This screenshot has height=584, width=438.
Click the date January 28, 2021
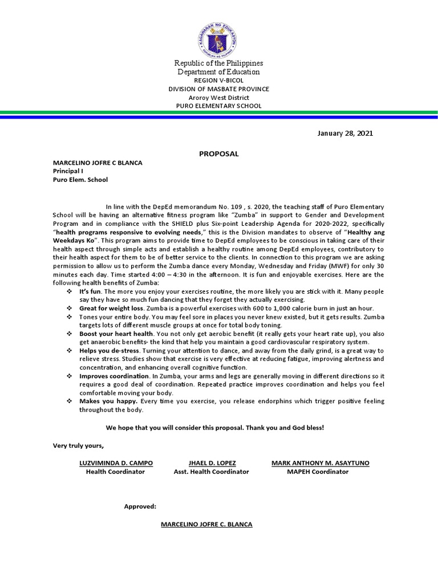pos(345,133)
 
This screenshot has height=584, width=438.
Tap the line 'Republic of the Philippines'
pos(218,63)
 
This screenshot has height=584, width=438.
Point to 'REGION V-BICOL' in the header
pos(218,80)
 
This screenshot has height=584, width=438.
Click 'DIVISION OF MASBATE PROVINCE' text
pos(218,89)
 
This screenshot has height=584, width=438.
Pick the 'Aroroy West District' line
pos(218,98)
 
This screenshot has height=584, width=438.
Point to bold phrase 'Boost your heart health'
pos(116,333)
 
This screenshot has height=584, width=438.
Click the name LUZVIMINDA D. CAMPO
pos(115,463)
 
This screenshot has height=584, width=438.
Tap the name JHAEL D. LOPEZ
pos(211,463)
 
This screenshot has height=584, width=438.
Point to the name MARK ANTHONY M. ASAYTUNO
pos(320,463)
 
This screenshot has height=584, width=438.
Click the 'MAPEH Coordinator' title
pos(317,472)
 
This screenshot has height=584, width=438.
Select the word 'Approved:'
pos(140,506)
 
